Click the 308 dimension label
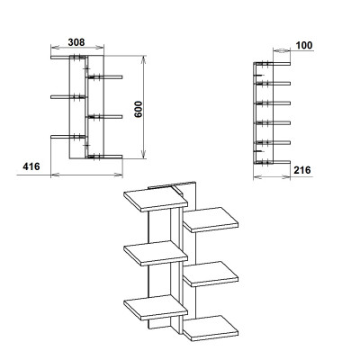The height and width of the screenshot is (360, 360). pos(76,42)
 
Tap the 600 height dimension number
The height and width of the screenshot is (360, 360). pos(139,109)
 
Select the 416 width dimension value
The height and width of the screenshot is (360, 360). pos(31,166)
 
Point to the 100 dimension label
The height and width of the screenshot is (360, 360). pos(304,45)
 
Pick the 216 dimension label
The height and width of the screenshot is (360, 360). pos(302,170)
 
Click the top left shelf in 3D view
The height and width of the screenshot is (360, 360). pos(156,200)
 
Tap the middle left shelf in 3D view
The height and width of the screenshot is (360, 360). pos(156,254)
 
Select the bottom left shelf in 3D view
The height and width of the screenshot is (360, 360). pos(156,308)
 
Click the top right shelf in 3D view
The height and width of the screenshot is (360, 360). pos(211,220)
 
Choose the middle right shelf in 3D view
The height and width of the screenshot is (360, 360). pos(211,274)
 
